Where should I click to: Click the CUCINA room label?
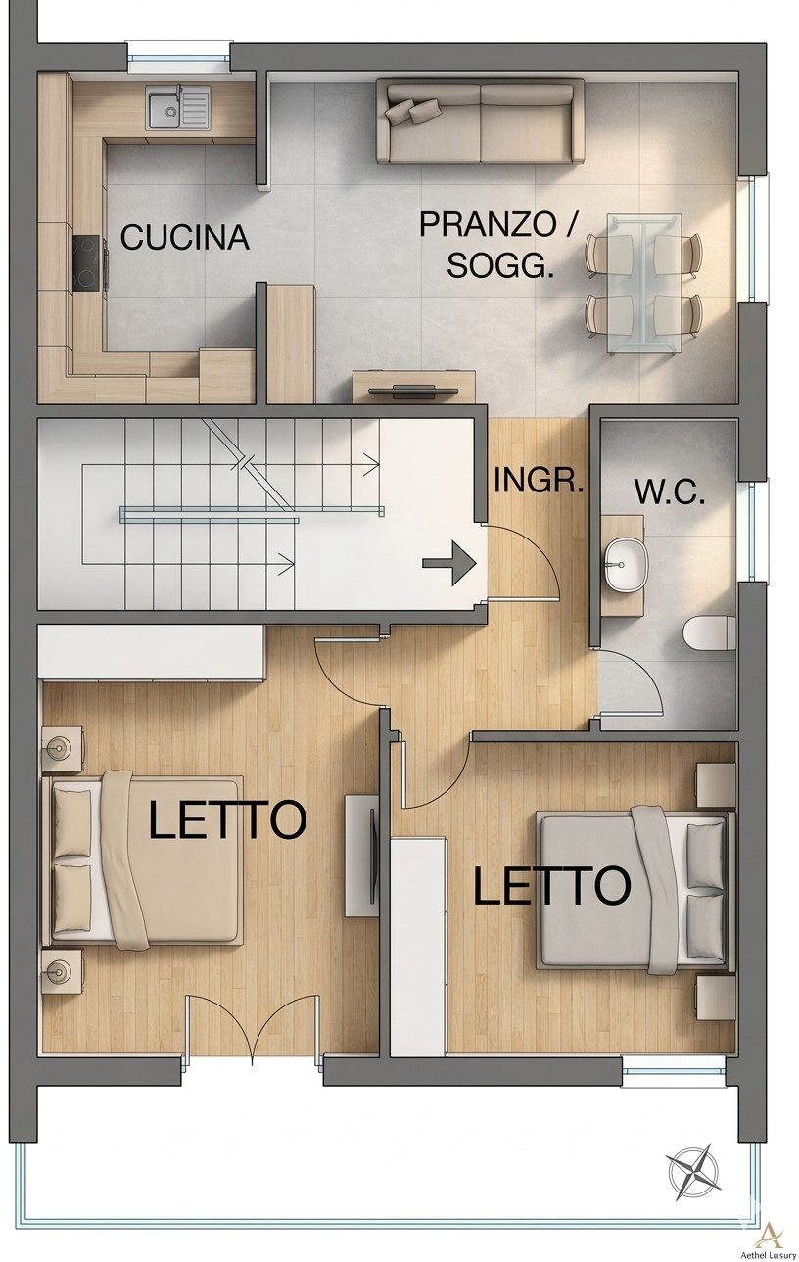(184, 238)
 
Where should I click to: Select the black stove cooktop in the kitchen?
(87, 263)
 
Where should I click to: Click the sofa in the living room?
(480, 122)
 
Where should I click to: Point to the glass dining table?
(642, 283)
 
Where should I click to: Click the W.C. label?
(670, 492)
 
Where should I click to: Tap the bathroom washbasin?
(623, 565)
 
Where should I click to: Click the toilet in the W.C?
(711, 633)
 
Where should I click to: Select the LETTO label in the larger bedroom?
(227, 819)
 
